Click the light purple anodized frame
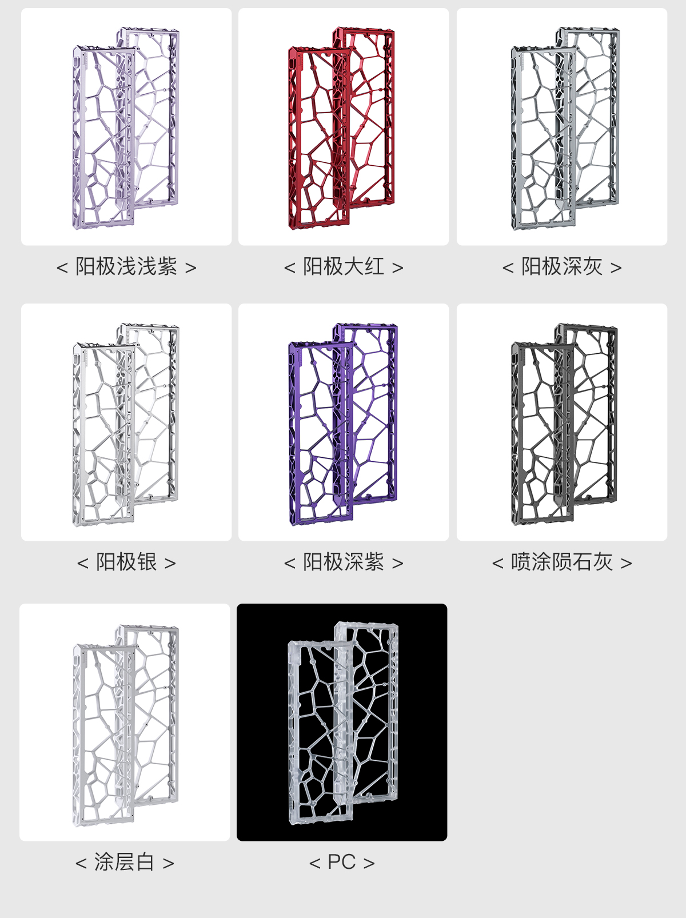[x=126, y=127]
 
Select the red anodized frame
[x=343, y=127]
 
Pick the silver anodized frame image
[x=126, y=423]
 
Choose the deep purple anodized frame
[x=343, y=423]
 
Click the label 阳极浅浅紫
[x=126, y=266]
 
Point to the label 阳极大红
[x=344, y=266]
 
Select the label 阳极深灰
[x=562, y=266]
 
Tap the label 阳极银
[x=126, y=562]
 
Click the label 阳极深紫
[x=344, y=562]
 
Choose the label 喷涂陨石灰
[x=562, y=562]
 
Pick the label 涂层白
[x=125, y=862]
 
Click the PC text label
[x=342, y=862]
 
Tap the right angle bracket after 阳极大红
[x=398, y=268]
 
